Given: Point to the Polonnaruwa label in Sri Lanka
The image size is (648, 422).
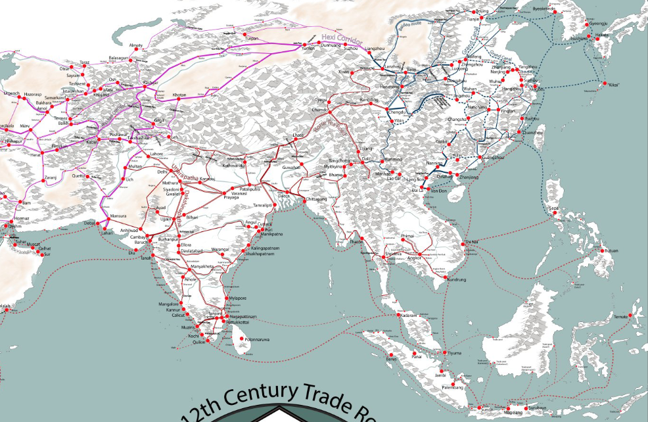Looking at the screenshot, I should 257,339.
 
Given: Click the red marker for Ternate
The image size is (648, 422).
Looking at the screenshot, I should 630,316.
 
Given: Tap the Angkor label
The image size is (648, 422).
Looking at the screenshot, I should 414,258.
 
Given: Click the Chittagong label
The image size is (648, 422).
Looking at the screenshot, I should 316,199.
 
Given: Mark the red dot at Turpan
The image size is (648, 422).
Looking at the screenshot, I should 245,34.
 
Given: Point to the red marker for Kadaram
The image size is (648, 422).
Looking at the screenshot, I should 400,316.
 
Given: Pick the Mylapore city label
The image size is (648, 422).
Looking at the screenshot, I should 237,298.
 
